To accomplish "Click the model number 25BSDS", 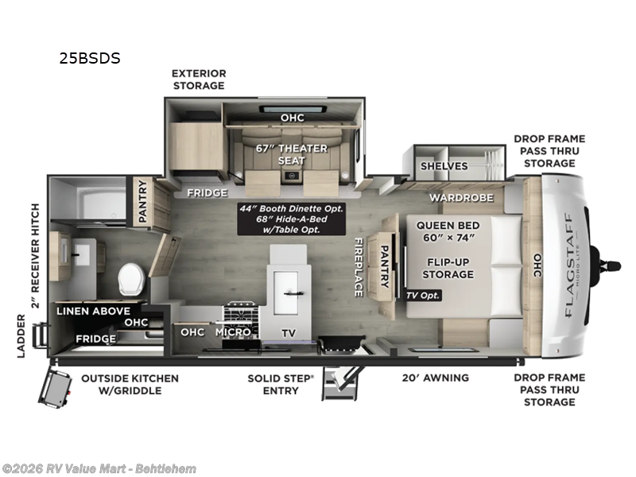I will tap(88, 58).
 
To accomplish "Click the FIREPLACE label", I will tap(359, 267).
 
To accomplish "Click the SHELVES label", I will tap(444, 166).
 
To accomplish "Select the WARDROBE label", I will tap(462, 197).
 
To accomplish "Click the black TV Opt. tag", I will tap(423, 295).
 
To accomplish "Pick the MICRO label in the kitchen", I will tap(233, 332).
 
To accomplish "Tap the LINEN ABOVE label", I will tap(93, 311).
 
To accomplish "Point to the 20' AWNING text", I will tap(436, 378).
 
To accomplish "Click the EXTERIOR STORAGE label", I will tap(199, 79).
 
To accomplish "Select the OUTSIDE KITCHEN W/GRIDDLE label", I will tap(130, 384).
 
